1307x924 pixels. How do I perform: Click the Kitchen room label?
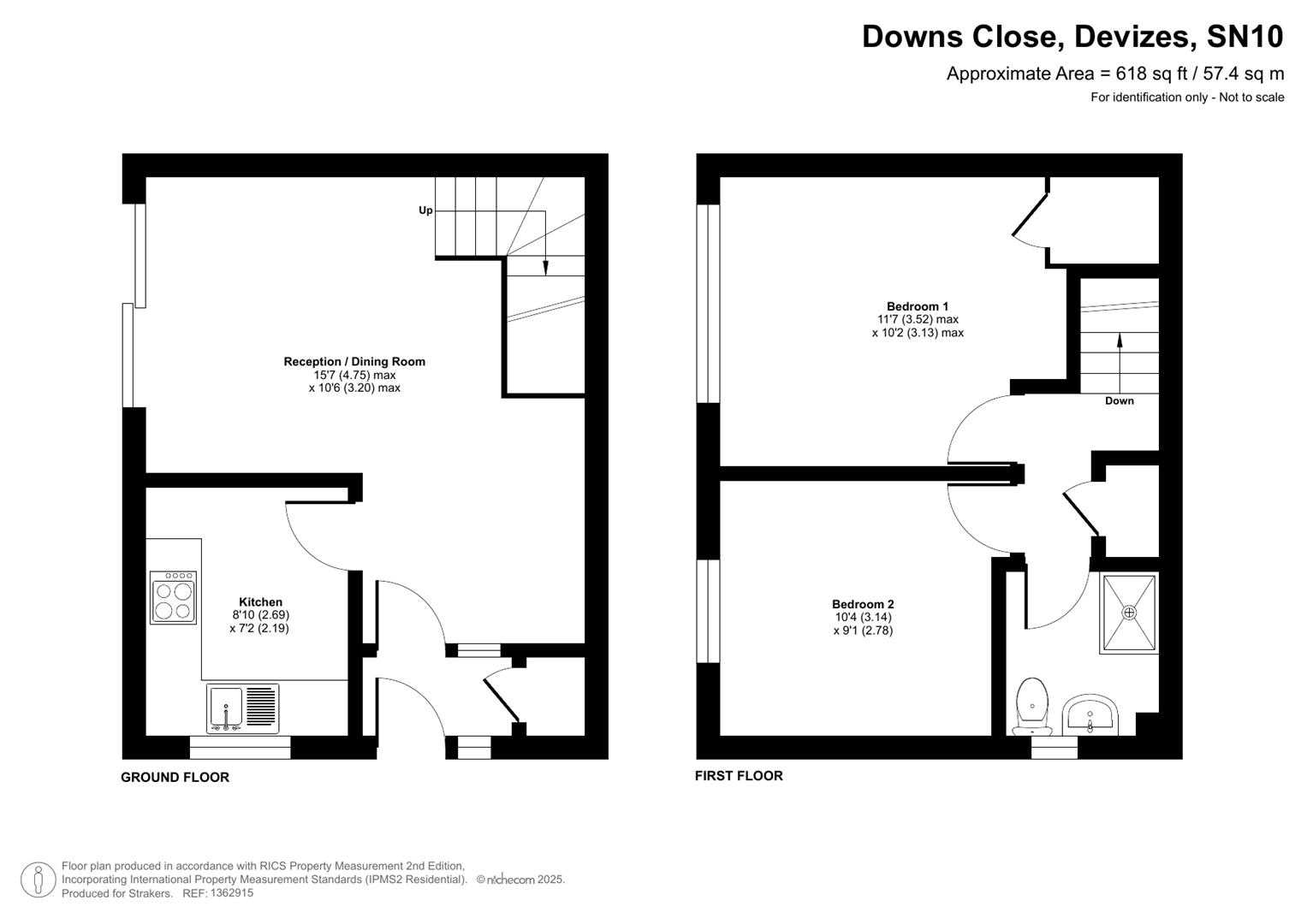click(260, 602)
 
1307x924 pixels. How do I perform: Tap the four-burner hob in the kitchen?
click(173, 598)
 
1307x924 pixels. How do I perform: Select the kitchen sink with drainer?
click(242, 708)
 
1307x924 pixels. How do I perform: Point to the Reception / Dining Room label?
click(354, 362)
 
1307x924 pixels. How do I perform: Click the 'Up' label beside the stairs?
click(425, 210)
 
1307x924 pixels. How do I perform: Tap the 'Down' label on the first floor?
click(1119, 401)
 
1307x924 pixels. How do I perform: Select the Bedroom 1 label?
click(917, 306)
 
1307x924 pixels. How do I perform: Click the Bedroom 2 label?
click(863, 604)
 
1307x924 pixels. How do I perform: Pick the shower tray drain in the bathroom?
click(1129, 613)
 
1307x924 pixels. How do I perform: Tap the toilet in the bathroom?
click(1032, 706)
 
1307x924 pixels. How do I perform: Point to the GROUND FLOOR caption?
click(175, 778)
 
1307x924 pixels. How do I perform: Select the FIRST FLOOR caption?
click(739, 776)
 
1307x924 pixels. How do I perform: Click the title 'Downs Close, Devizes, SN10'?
click(1072, 37)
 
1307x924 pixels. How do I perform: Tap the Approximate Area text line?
click(1114, 74)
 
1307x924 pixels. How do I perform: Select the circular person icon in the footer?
click(39, 880)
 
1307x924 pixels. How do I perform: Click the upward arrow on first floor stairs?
click(1120, 340)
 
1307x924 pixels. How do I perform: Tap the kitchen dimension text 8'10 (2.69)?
click(260, 615)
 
